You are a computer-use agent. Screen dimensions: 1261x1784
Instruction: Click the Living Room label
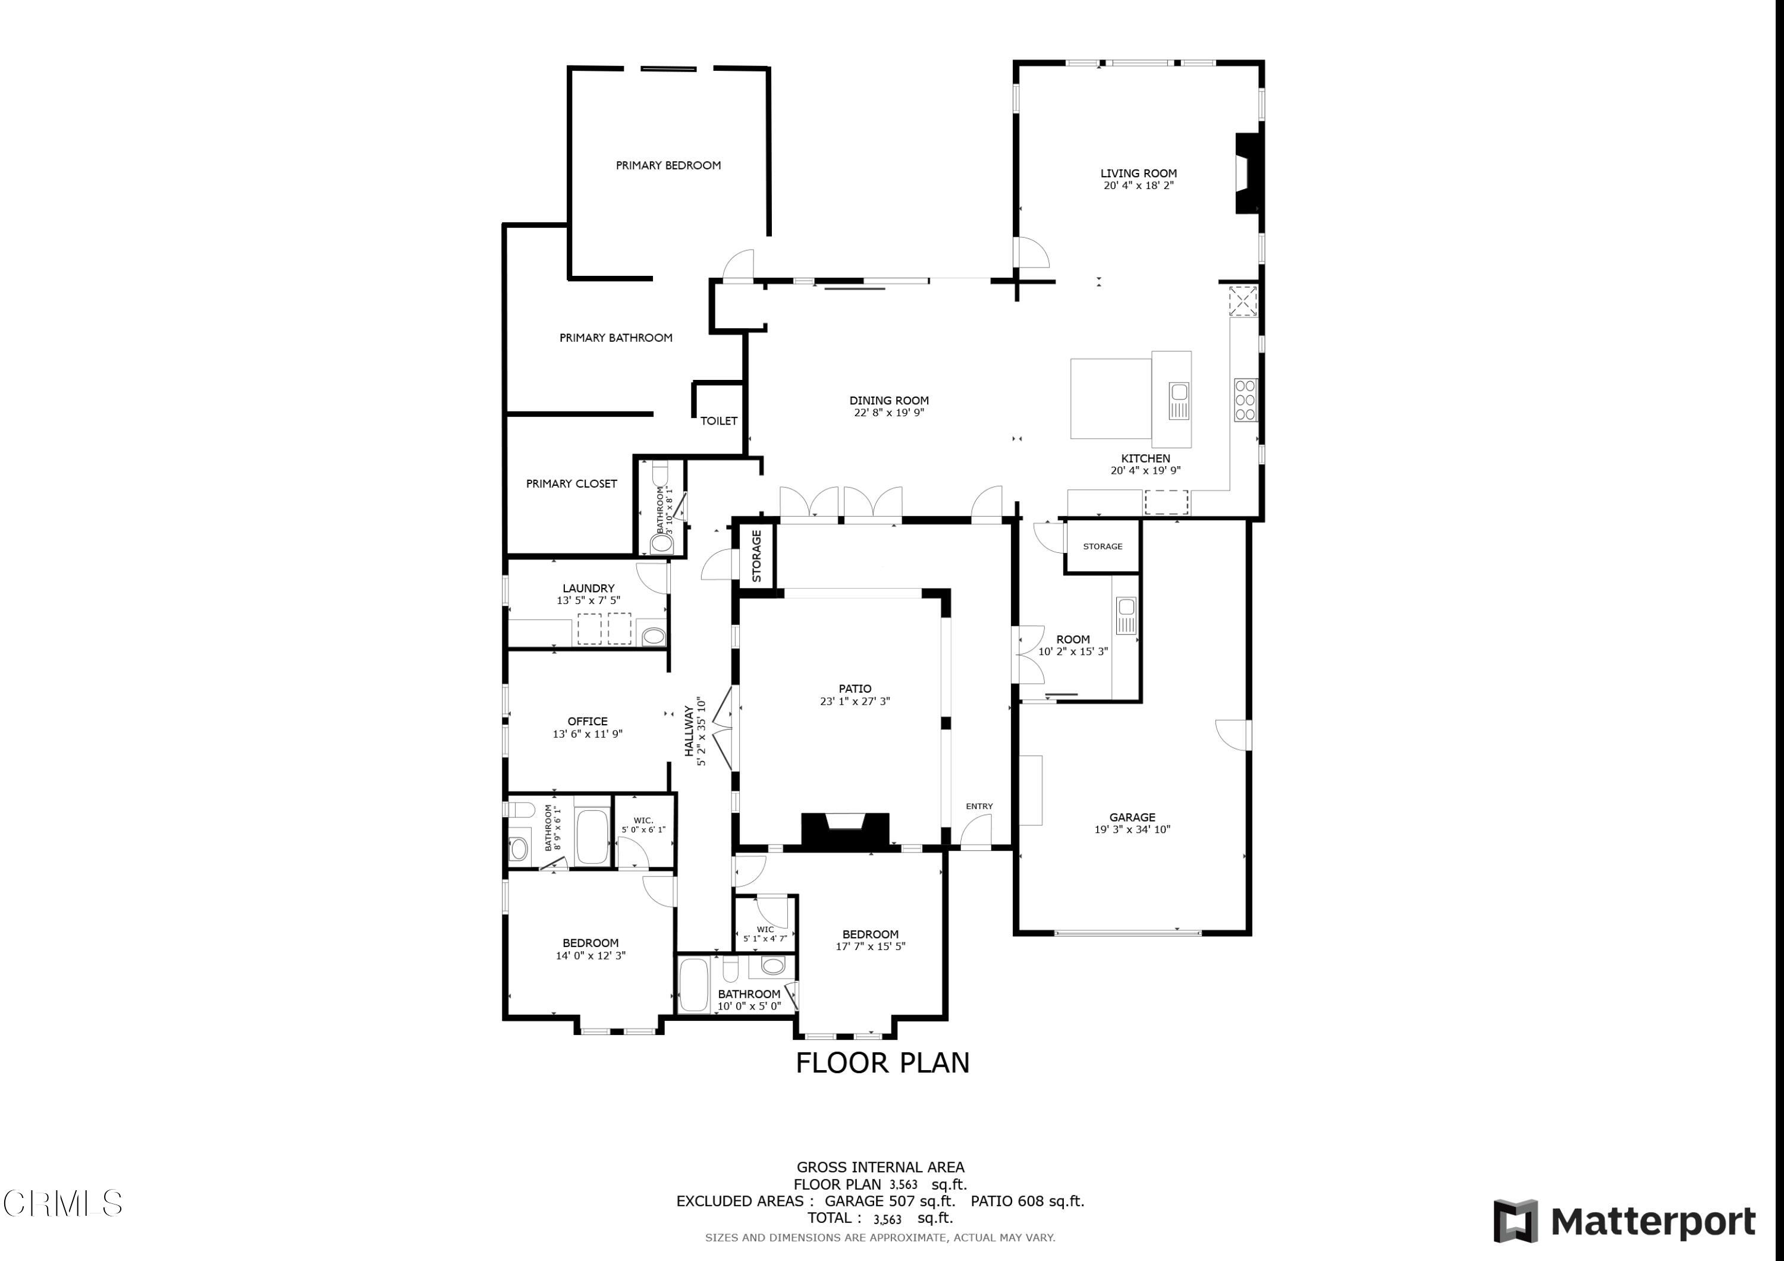pyautogui.click(x=1138, y=173)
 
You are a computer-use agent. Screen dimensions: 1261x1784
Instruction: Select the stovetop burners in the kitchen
pyautogui.click(x=1246, y=400)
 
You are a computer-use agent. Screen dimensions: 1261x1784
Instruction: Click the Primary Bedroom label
pyautogui.click(x=668, y=165)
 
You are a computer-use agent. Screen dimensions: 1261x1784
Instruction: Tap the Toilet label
pyautogui.click(x=719, y=420)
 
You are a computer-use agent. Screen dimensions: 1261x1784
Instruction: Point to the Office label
pyautogui.click(x=588, y=721)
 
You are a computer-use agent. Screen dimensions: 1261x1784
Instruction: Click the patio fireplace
pyautogui.click(x=846, y=830)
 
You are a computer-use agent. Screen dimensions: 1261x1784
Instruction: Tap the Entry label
pyautogui.click(x=979, y=806)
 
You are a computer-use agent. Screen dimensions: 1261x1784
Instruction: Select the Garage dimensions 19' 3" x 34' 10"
pyautogui.click(x=1132, y=829)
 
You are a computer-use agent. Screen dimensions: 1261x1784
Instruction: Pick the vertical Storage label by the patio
pyautogui.click(x=756, y=555)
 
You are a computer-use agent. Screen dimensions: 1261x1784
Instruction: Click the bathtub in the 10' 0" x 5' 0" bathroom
pyautogui.click(x=694, y=985)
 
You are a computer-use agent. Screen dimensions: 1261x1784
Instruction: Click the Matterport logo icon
pyautogui.click(x=1515, y=1221)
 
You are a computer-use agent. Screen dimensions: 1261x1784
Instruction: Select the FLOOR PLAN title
pyautogui.click(x=882, y=1063)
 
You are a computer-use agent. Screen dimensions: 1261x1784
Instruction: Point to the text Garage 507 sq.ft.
pyautogui.click(x=890, y=1200)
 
